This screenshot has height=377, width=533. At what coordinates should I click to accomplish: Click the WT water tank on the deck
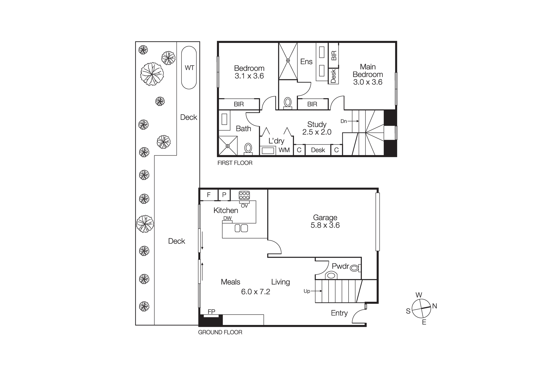(x=189, y=68)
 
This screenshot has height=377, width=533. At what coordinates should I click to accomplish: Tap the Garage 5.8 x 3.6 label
(x=325, y=221)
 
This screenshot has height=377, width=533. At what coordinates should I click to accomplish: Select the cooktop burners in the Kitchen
(x=244, y=195)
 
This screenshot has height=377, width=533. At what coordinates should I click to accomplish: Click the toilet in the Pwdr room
(x=354, y=268)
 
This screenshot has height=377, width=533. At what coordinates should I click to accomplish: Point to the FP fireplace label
(x=211, y=312)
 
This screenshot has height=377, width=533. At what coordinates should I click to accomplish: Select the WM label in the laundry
(x=284, y=150)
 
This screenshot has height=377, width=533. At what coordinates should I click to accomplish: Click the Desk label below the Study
(x=318, y=150)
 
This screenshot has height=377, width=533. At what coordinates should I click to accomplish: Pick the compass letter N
(x=434, y=306)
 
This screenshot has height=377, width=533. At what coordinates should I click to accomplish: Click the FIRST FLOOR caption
(x=235, y=163)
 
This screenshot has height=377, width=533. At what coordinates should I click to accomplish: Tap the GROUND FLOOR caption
(x=220, y=332)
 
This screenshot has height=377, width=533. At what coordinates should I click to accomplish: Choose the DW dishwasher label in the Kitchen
(x=227, y=218)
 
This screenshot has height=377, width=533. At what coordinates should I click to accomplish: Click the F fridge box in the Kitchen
(x=209, y=195)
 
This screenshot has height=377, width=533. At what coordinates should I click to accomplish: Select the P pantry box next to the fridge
(x=224, y=195)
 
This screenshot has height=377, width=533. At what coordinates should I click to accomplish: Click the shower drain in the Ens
(x=288, y=61)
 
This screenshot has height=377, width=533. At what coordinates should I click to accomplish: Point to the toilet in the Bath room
(x=248, y=148)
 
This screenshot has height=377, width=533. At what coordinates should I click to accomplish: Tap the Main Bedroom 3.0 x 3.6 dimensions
(x=368, y=82)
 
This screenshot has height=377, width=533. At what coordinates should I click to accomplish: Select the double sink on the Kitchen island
(x=241, y=228)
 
